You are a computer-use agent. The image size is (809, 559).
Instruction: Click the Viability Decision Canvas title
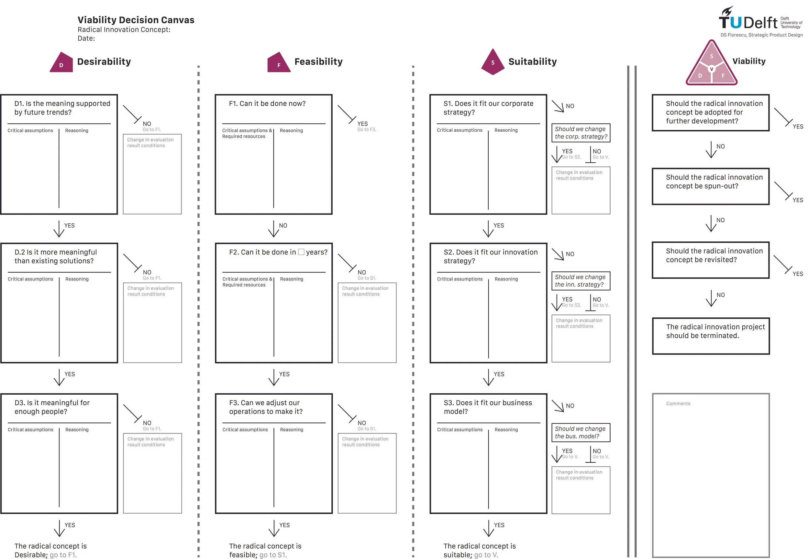pos(136,20)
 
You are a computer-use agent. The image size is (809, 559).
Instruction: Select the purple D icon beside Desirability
pos(62,63)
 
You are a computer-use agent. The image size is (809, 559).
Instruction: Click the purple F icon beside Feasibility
pos(279,63)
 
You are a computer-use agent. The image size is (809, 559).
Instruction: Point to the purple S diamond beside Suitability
pos(493,62)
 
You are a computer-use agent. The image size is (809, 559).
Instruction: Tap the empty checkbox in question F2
pos(301,252)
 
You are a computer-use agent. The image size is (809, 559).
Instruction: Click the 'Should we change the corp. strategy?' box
pos(581,133)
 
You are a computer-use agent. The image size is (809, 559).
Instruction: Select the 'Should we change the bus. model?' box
pos(581,433)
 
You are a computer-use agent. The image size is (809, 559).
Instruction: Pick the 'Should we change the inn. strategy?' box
pos(581,281)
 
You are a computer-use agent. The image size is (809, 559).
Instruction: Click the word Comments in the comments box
pos(678,403)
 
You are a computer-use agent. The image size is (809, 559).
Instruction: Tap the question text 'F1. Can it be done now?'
pos(267,104)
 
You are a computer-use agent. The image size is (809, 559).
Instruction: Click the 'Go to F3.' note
pos(367,130)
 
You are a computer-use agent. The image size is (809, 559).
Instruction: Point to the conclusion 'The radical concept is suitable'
pos(479,550)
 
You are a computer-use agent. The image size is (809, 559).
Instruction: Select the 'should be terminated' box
pos(711,336)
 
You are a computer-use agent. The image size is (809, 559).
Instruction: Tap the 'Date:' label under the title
pos(86,38)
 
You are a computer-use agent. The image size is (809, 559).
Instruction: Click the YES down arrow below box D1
pos(59,229)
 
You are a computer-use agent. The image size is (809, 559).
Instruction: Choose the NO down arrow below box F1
pos(274,229)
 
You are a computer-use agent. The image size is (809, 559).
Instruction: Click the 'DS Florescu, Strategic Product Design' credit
pos(761,35)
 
